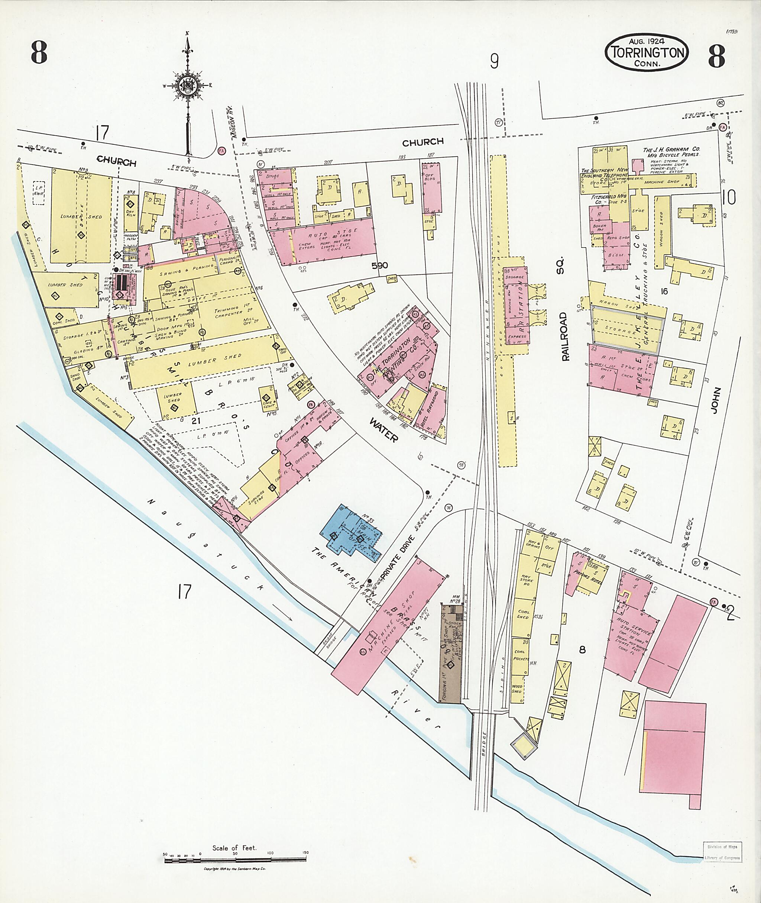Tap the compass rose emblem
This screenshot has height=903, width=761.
[x=187, y=86]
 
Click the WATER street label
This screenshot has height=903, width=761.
[x=383, y=429]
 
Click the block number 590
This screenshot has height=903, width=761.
[x=379, y=265]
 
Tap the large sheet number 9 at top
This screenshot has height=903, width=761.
[x=494, y=61]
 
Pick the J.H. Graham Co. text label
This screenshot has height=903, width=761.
[x=672, y=150]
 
